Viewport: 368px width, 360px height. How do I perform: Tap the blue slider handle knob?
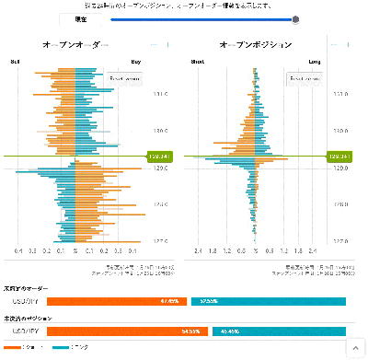point(295,18)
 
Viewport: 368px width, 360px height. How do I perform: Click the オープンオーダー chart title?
point(75,44)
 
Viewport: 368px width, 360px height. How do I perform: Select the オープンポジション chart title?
point(257,44)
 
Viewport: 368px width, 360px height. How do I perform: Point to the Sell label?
point(16,63)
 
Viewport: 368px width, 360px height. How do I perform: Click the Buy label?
point(136,63)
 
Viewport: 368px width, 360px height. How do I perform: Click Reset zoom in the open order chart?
point(123,78)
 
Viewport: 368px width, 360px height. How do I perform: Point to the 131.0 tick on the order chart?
point(160,94)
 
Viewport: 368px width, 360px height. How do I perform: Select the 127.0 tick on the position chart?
point(339,241)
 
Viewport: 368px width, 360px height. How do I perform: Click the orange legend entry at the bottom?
point(17,347)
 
